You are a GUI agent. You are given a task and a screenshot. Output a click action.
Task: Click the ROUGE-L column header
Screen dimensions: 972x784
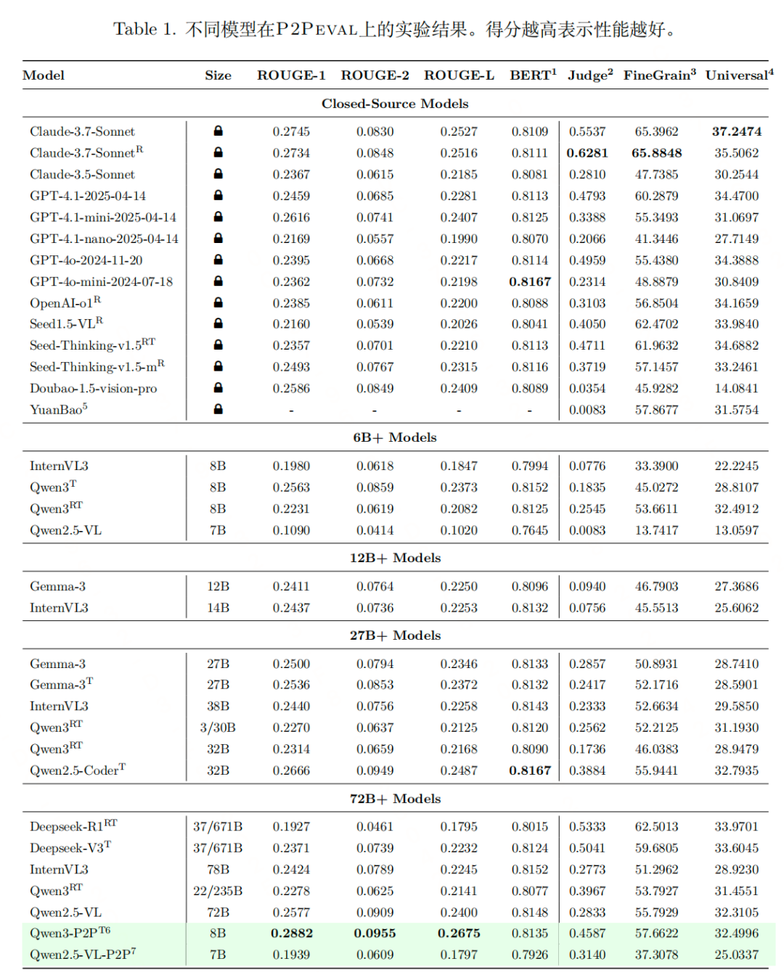(459, 75)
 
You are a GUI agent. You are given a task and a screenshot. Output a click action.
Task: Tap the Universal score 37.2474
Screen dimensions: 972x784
(736, 131)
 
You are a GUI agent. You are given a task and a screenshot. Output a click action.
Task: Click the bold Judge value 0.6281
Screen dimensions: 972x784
(587, 153)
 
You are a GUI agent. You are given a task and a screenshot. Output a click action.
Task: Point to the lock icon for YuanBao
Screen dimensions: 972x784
(218, 409)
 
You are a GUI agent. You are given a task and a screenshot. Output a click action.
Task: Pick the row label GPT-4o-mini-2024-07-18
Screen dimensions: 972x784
(101, 281)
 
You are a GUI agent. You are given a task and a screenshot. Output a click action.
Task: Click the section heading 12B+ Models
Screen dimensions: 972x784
(395, 558)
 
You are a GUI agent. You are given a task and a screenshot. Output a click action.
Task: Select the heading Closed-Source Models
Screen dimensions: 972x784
(395, 104)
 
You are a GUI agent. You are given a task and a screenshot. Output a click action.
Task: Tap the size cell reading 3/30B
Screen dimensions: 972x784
(218, 728)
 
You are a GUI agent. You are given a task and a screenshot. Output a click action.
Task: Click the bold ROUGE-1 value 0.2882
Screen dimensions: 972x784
(291, 934)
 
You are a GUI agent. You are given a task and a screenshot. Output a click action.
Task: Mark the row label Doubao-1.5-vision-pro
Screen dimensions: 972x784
(93, 388)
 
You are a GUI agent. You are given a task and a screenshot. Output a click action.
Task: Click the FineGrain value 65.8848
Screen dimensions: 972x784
(656, 153)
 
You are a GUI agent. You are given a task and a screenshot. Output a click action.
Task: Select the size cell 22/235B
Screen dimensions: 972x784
(218, 891)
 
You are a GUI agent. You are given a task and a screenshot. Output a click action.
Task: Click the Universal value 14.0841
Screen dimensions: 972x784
(736, 388)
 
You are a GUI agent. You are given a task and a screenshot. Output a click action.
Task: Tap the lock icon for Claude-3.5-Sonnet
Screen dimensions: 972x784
(218, 174)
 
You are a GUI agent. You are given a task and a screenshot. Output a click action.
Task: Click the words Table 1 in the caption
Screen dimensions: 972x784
(144, 30)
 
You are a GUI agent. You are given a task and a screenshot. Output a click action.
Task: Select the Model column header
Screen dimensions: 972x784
(44, 75)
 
